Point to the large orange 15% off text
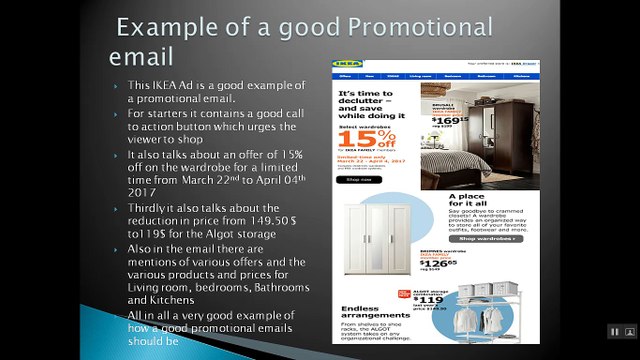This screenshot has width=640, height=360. [365, 135]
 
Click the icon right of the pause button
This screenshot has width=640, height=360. [630, 331]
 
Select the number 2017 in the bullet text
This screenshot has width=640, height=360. [143, 194]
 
